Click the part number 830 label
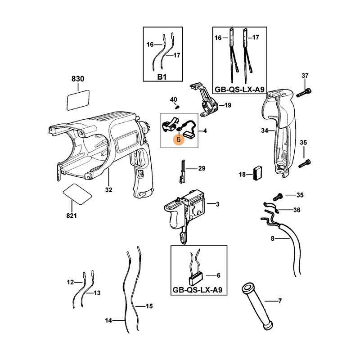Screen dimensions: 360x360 click(x=78, y=79)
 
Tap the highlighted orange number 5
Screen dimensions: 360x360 click(x=179, y=139)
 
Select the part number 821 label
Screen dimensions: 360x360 click(x=72, y=216)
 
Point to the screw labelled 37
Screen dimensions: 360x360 click(x=304, y=92)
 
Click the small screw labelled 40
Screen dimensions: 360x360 click(x=177, y=107)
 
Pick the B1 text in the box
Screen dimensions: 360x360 click(x=162, y=76)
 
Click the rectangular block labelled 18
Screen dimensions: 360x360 click(x=258, y=173)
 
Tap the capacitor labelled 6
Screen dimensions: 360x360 click(x=196, y=277)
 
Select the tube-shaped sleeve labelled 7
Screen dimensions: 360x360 click(x=256, y=306)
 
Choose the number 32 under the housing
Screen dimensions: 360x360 click(x=108, y=190)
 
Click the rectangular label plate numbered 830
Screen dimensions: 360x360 click(x=78, y=100)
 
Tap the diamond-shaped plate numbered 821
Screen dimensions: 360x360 click(x=77, y=194)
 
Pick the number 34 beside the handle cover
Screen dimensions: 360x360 click(x=265, y=130)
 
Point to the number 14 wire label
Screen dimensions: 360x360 click(x=108, y=320)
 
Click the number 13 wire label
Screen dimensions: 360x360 click(x=97, y=293)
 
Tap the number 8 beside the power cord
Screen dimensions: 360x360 click(x=273, y=238)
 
